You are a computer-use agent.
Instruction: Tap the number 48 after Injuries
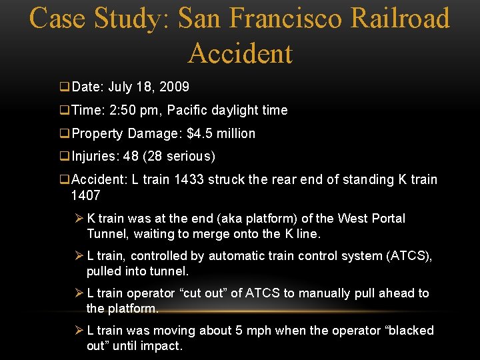click(x=131, y=157)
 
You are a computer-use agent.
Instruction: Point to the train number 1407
click(x=85, y=195)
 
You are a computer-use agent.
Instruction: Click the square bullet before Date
click(x=65, y=87)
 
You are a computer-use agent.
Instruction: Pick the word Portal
click(x=387, y=219)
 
